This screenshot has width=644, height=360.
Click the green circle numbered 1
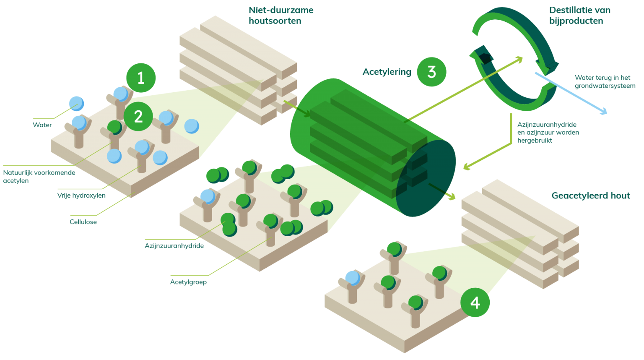tap(141, 78)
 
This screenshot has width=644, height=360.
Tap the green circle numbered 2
tap(138, 117)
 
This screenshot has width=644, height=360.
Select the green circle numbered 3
tap(431, 72)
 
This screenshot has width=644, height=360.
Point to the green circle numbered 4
tap(475, 303)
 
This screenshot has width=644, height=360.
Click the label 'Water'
tap(42, 125)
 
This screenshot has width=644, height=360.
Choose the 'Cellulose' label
tap(83, 222)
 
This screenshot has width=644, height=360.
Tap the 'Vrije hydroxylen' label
tap(81, 196)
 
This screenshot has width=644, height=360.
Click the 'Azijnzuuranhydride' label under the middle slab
tap(174, 246)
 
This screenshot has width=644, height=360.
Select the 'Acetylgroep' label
tap(188, 282)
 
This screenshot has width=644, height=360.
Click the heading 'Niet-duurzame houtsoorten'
tap(281, 15)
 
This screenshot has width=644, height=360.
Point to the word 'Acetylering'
tap(387, 72)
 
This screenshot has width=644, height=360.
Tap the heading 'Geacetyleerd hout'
tap(591, 196)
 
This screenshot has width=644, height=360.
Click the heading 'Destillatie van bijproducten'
tap(579, 15)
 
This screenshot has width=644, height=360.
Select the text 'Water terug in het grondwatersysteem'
tap(605, 82)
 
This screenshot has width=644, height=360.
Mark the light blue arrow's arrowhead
tap(603, 111)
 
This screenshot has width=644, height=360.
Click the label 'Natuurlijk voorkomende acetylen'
tap(39, 177)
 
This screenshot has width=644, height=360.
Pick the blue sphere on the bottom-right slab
tap(353, 278)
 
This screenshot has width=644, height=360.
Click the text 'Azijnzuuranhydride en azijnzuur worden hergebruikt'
tap(548, 132)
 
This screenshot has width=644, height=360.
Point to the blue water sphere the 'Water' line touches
tap(76, 104)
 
